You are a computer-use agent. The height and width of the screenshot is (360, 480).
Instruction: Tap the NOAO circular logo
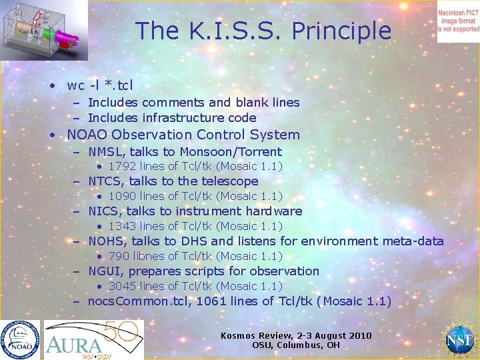click(x=20, y=340)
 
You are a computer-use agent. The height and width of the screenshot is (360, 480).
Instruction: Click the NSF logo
click(x=459, y=340)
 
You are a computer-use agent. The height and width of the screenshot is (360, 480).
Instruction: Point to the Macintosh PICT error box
click(x=458, y=21)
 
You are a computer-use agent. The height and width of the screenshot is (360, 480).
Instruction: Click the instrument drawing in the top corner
click(x=43, y=30)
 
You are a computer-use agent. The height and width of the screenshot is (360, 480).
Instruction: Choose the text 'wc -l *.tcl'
click(x=100, y=85)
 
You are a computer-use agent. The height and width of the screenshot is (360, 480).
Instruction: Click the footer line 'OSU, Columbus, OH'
click(x=296, y=345)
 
